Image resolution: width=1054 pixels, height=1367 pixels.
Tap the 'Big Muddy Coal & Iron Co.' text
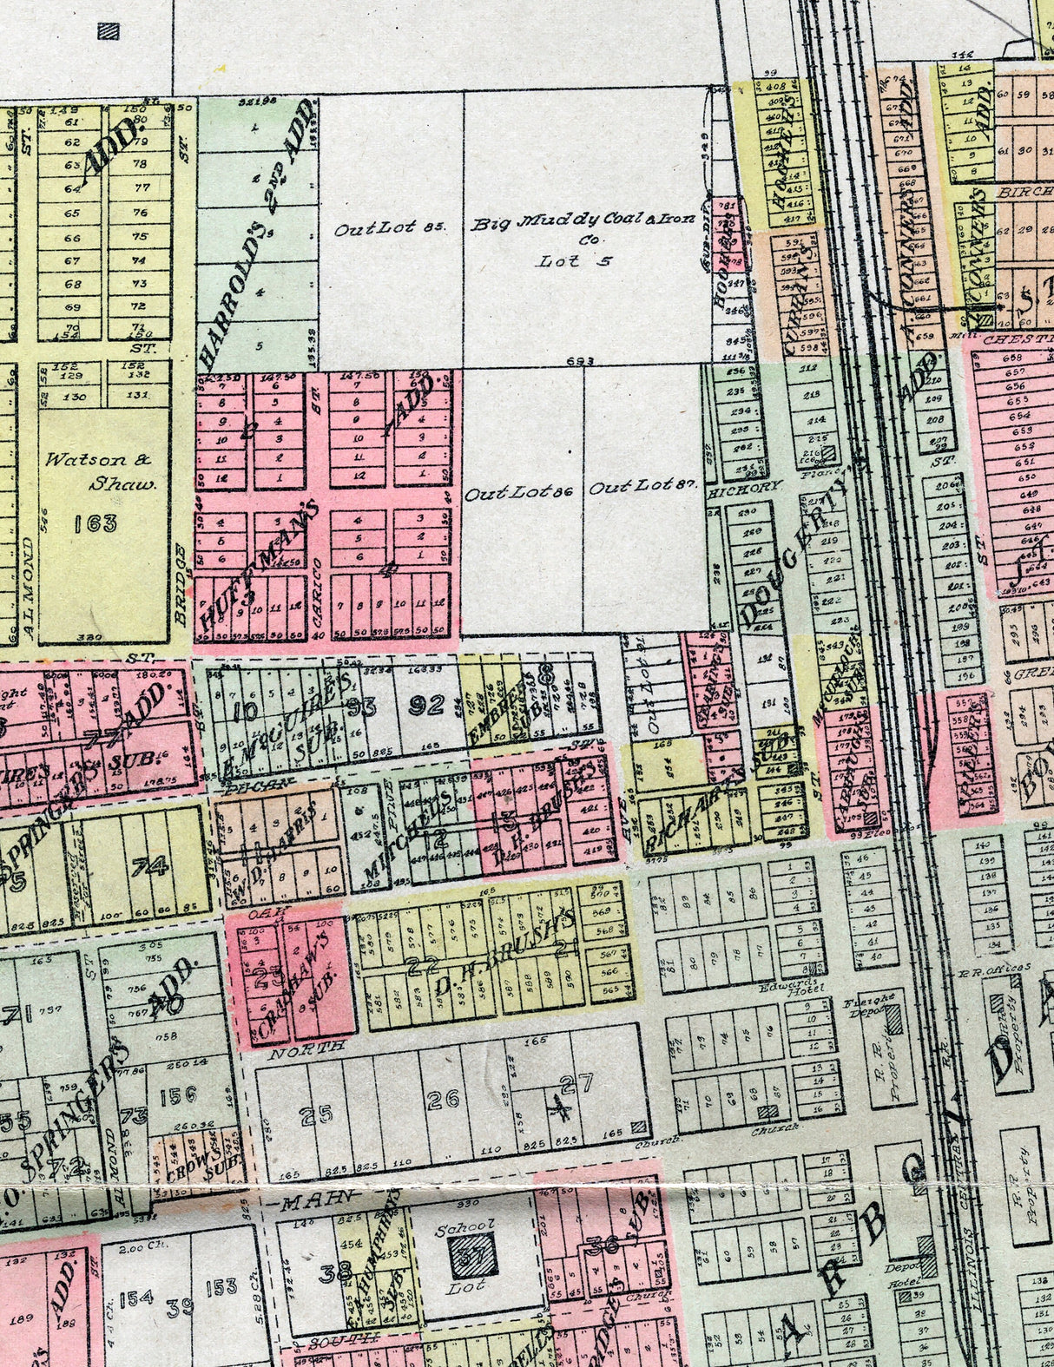point(583,223)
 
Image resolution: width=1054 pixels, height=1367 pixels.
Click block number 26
point(443,1101)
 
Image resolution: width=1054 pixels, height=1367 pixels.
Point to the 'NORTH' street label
point(307,1048)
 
